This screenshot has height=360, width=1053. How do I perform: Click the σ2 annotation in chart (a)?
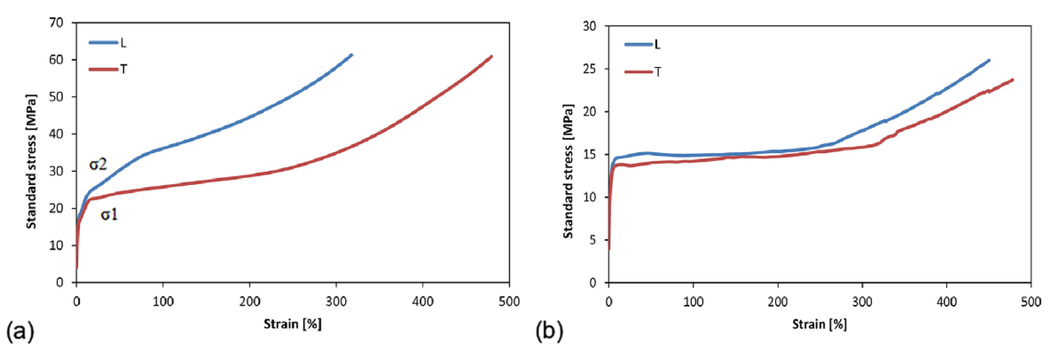click(x=98, y=164)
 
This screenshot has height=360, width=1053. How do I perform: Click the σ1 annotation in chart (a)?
click(x=109, y=215)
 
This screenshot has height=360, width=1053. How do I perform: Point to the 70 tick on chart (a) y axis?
click(x=56, y=22)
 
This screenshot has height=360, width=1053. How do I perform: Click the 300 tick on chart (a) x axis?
click(x=336, y=301)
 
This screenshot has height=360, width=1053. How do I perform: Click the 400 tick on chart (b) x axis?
click(x=946, y=302)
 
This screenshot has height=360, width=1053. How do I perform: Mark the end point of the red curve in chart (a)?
click(x=491, y=56)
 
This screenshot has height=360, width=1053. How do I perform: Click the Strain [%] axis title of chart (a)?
click(x=293, y=324)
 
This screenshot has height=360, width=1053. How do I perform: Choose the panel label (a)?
click(x=20, y=331)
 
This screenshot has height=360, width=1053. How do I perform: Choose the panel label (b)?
click(x=549, y=331)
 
